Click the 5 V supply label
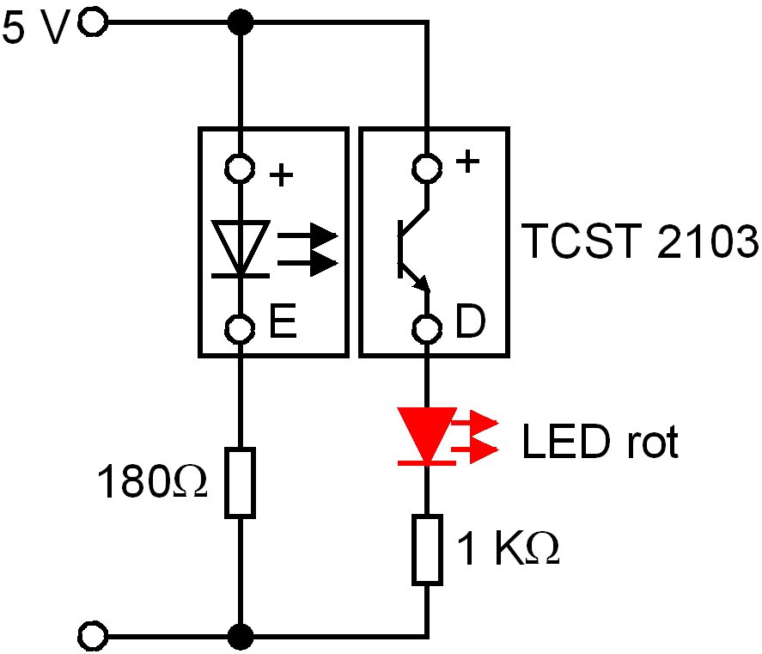point(37,30)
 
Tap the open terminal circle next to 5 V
point(92,23)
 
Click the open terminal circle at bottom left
point(92,637)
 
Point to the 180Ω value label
point(152,484)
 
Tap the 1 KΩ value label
point(507,551)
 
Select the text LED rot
point(600,443)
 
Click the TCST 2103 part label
point(640,243)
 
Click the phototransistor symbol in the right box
point(411,249)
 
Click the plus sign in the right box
point(466,163)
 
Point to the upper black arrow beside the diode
point(310,234)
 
